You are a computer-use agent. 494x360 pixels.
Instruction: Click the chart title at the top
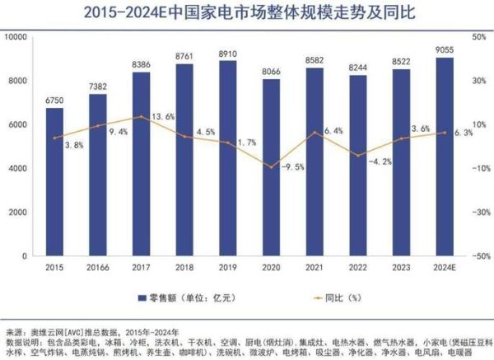click(246, 12)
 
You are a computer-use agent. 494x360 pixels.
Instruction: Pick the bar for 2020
click(271, 167)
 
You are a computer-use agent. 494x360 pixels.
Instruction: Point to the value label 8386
click(142, 63)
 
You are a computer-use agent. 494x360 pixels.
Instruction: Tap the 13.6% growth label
click(164, 117)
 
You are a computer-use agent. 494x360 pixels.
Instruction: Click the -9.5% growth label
click(291, 166)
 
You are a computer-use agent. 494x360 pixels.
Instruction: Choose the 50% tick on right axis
click(476, 37)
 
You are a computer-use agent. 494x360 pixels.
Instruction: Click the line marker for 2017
click(142, 117)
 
